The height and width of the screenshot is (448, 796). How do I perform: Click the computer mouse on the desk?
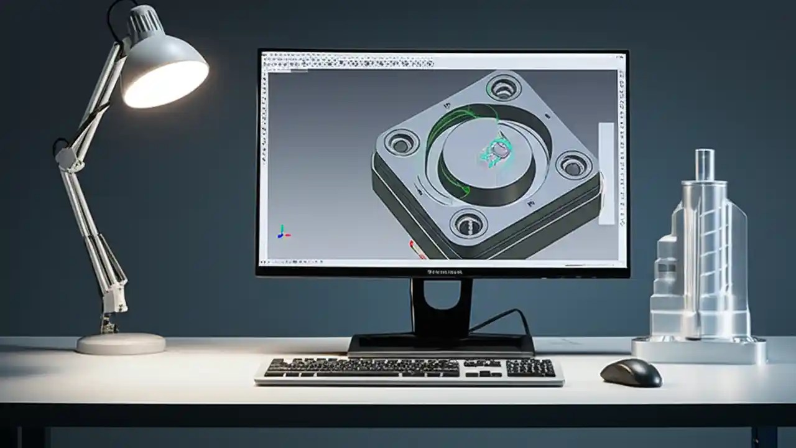tap(631, 372)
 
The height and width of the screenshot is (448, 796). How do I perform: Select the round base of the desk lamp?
tap(121, 343)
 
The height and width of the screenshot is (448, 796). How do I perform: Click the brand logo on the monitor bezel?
tap(445, 272)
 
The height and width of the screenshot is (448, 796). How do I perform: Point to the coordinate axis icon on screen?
tap(282, 233)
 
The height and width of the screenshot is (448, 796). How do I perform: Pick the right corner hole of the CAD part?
tap(573, 165)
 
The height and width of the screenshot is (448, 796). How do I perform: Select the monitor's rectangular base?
tap(441, 344)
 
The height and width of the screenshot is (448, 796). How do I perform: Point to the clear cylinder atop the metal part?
tap(704, 164)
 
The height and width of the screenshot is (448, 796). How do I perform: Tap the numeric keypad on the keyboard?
tap(530, 368)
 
